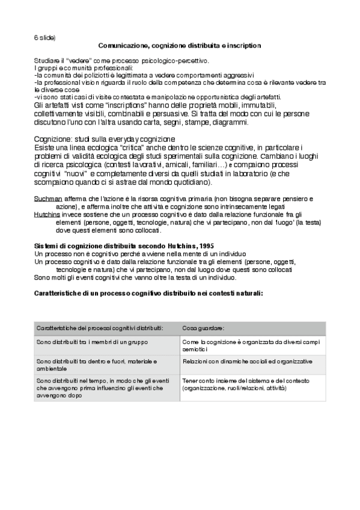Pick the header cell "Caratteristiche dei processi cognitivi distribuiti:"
100,328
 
